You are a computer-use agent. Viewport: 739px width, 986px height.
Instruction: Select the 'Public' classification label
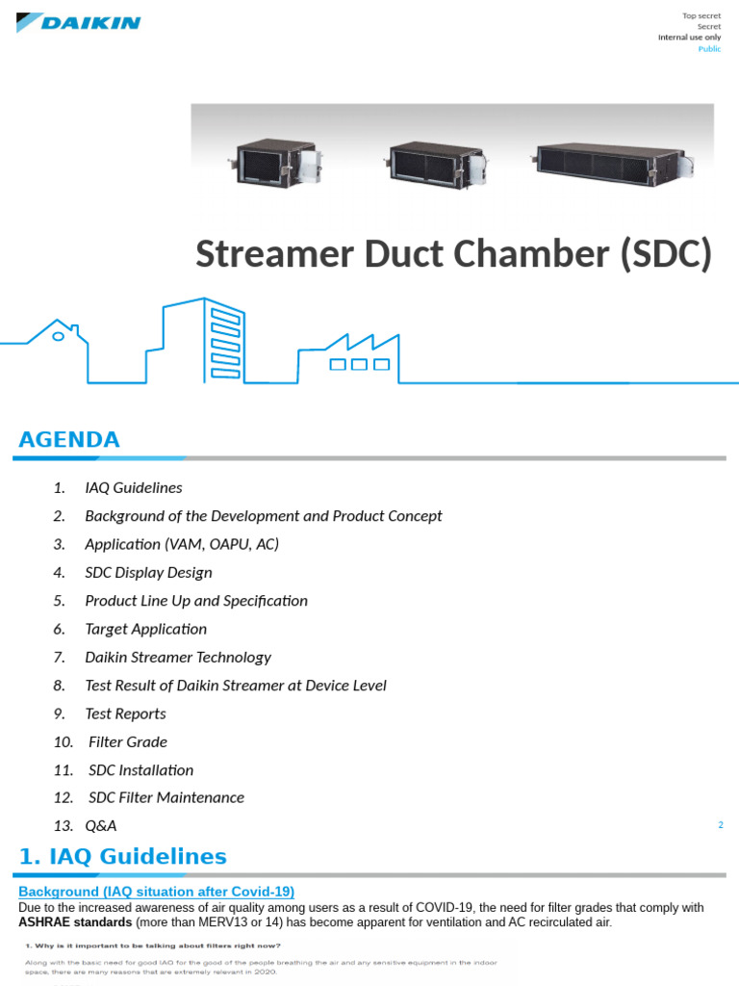tap(709, 48)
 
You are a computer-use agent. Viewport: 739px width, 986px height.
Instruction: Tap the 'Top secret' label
tap(701, 15)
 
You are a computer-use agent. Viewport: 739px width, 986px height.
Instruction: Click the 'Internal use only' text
tap(689, 37)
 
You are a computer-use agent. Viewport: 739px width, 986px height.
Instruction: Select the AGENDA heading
tap(69, 440)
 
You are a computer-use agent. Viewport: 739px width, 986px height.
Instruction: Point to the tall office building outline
tap(204, 337)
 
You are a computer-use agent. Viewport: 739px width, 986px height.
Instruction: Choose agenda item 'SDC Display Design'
tap(148, 572)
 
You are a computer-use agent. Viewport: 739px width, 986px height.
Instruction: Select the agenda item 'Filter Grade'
tap(128, 741)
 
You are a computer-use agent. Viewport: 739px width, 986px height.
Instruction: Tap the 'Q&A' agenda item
tap(101, 825)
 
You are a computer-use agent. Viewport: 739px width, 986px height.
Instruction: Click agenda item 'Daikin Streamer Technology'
tap(178, 657)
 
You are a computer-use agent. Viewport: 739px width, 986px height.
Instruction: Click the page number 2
tap(720, 824)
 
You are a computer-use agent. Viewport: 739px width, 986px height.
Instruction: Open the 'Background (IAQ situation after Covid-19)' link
tap(156, 892)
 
